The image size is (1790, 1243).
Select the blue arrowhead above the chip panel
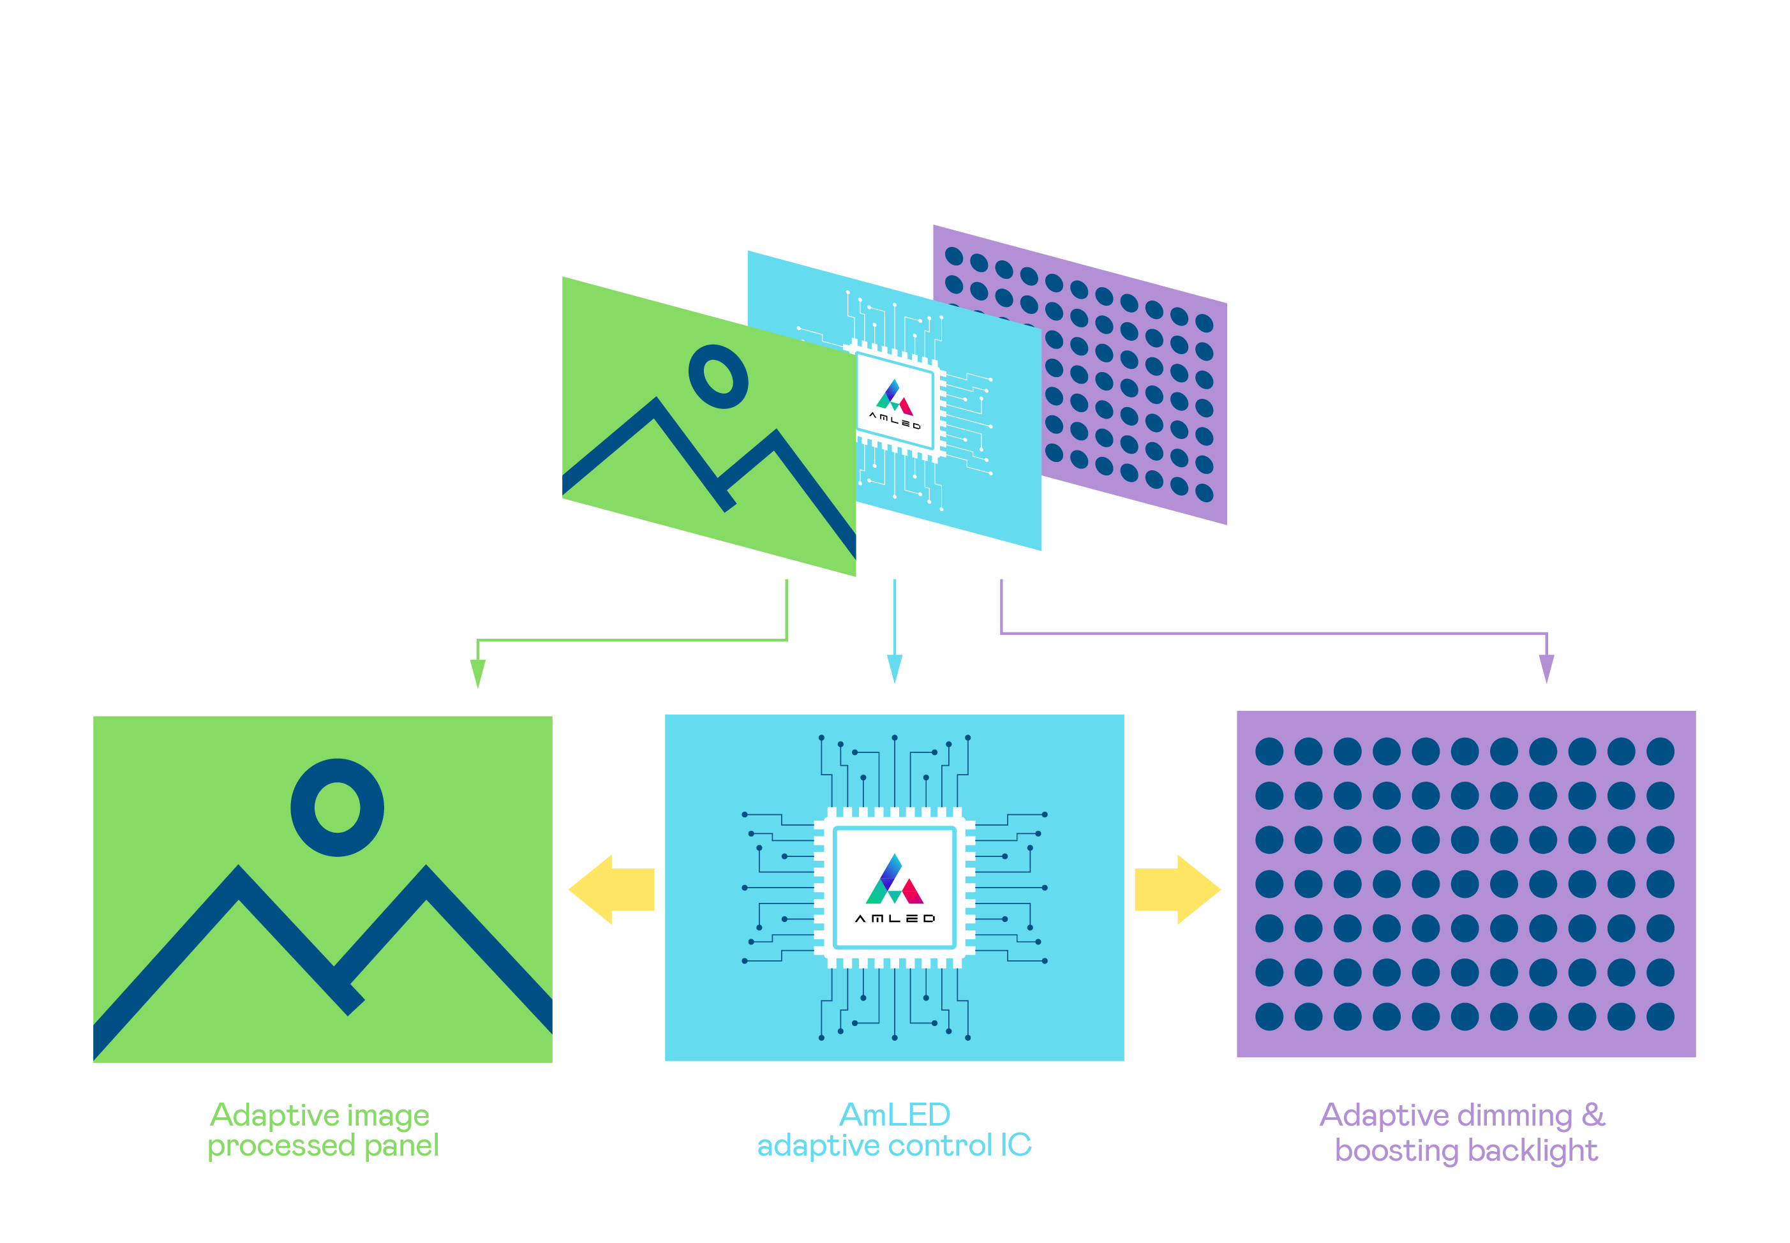coord(894,668)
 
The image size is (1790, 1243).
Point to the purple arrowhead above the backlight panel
coord(1546,668)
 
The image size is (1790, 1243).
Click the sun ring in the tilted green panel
coord(718,376)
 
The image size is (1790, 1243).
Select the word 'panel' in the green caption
coord(401,1145)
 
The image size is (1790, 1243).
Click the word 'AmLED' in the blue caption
coord(894,1115)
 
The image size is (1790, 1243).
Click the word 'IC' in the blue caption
coord(1016,1145)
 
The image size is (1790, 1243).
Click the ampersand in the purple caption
coord(1593,1115)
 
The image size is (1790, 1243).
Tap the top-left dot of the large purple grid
coord(1269,752)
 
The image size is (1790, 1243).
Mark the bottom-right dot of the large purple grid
coord(1660,1016)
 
